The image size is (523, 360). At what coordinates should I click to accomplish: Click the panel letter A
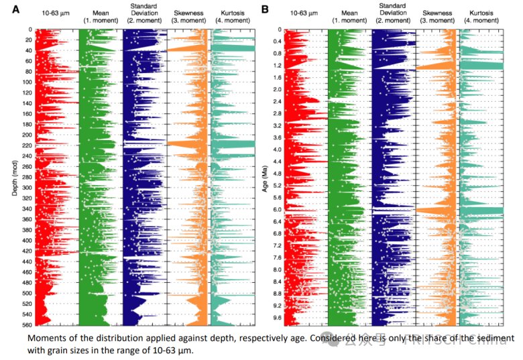click(9, 9)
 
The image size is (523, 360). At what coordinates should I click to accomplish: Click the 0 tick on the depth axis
click(30, 30)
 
